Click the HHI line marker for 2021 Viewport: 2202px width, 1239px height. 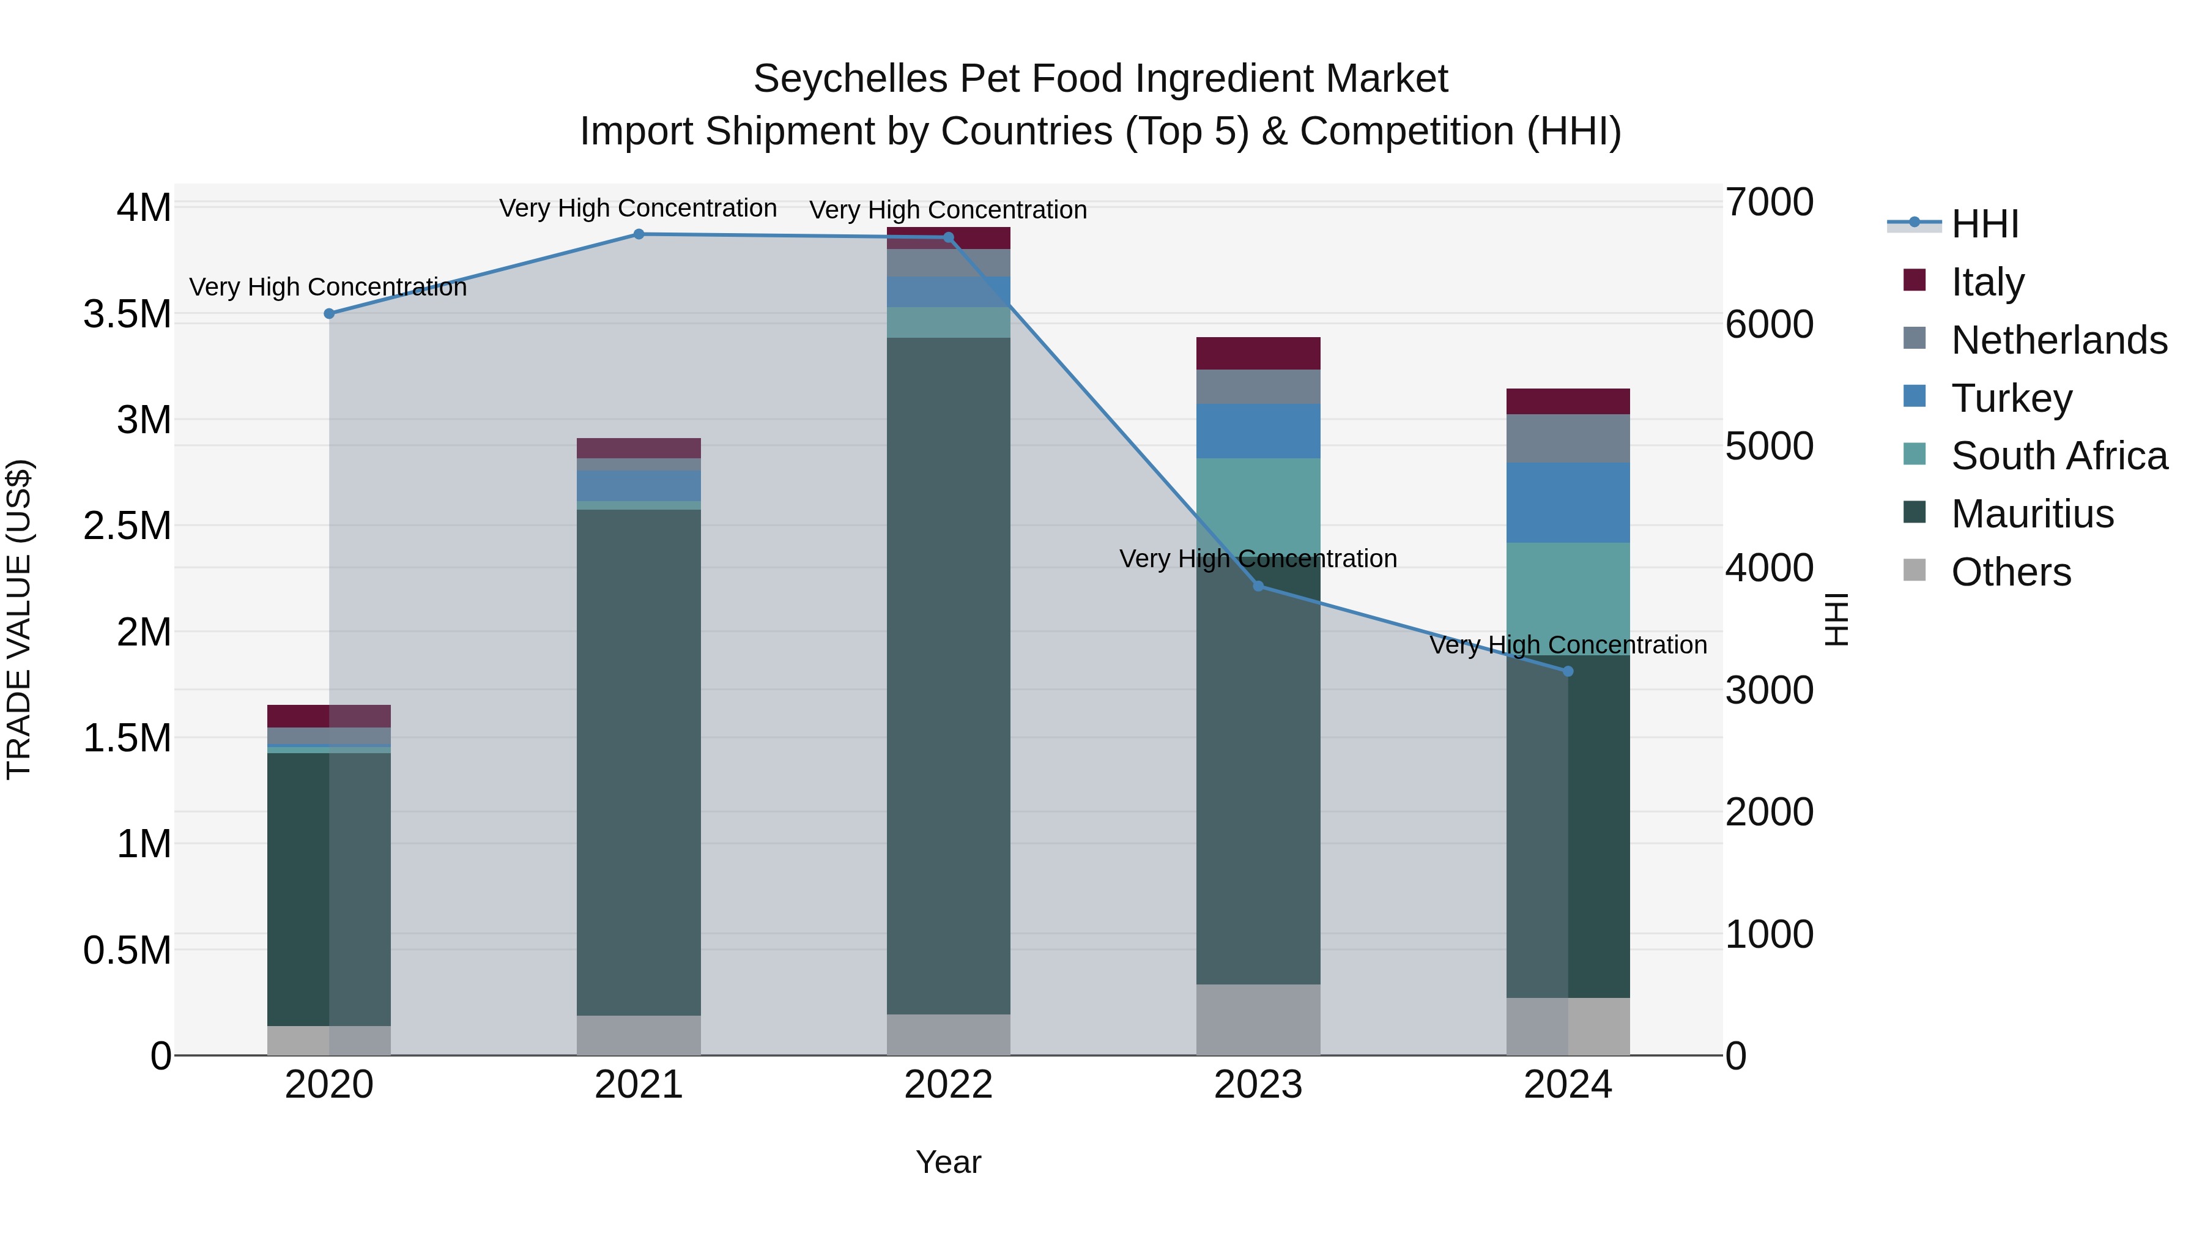click(639, 234)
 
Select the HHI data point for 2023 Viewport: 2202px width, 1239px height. click(1258, 586)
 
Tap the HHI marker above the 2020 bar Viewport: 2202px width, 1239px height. click(329, 314)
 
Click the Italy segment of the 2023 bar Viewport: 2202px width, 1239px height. click(1258, 353)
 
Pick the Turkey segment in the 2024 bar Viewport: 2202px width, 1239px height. click(1567, 503)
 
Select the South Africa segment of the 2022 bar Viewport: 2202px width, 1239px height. click(948, 322)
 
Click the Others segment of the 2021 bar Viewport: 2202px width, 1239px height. click(639, 1035)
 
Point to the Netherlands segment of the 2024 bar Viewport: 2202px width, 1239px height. click(1567, 439)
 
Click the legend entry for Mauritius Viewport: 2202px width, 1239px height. click(2032, 514)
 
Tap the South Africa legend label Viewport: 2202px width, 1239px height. click(2058, 456)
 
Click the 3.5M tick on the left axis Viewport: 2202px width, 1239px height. click(127, 314)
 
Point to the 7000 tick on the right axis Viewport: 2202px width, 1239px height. click(1768, 203)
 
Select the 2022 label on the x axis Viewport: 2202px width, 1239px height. click(948, 1085)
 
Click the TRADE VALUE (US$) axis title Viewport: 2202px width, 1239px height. click(20, 619)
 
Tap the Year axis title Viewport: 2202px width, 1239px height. click(948, 1162)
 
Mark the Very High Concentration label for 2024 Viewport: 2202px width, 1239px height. click(1567, 645)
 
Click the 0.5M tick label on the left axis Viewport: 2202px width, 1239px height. click(127, 951)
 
